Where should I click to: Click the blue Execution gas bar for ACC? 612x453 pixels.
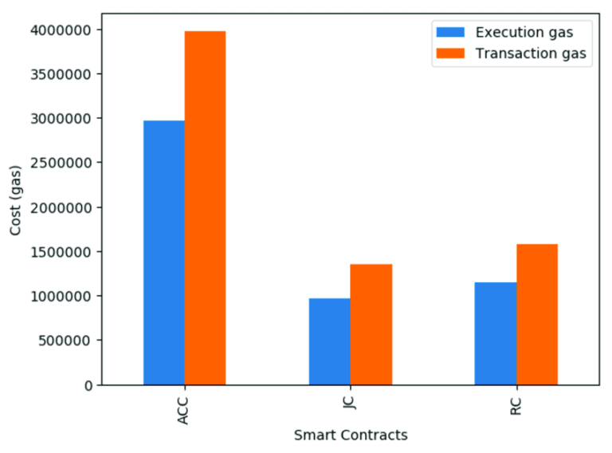[x=163, y=253]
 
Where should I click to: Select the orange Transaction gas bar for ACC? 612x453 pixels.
[x=205, y=208]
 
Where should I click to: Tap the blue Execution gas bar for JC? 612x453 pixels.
[x=329, y=341]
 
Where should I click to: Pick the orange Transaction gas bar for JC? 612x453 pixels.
[x=371, y=325]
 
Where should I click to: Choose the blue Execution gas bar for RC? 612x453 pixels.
[x=495, y=333]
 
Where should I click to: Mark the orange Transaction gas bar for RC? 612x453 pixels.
[x=536, y=314]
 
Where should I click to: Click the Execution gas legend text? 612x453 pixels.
[x=524, y=33]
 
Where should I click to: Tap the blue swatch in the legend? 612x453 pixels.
[x=450, y=33]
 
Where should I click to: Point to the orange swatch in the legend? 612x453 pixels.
[x=450, y=54]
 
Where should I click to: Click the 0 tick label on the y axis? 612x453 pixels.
[x=88, y=385]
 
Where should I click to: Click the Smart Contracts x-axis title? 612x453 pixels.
[x=351, y=435]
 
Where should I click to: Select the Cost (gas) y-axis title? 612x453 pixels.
[x=16, y=207]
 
